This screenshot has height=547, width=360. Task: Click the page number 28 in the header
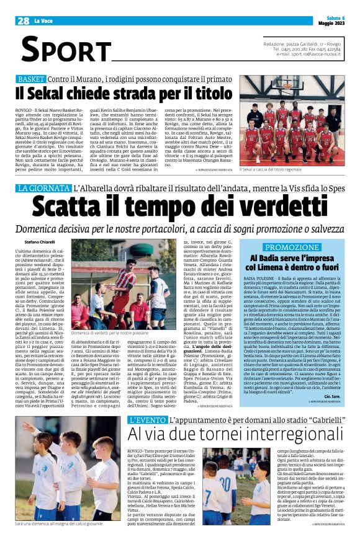tap(24, 21)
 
